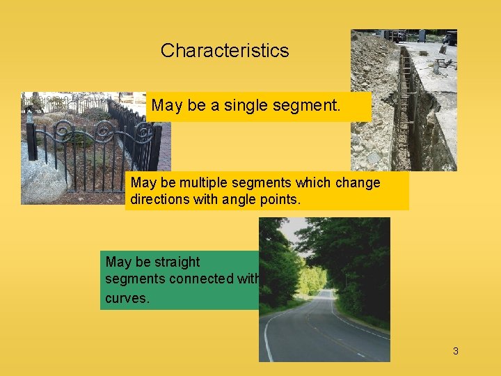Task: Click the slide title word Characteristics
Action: click(x=224, y=51)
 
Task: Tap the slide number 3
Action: click(x=456, y=351)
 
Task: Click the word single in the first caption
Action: click(x=250, y=106)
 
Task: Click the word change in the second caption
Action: click(x=357, y=183)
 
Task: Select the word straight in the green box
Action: click(x=177, y=263)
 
